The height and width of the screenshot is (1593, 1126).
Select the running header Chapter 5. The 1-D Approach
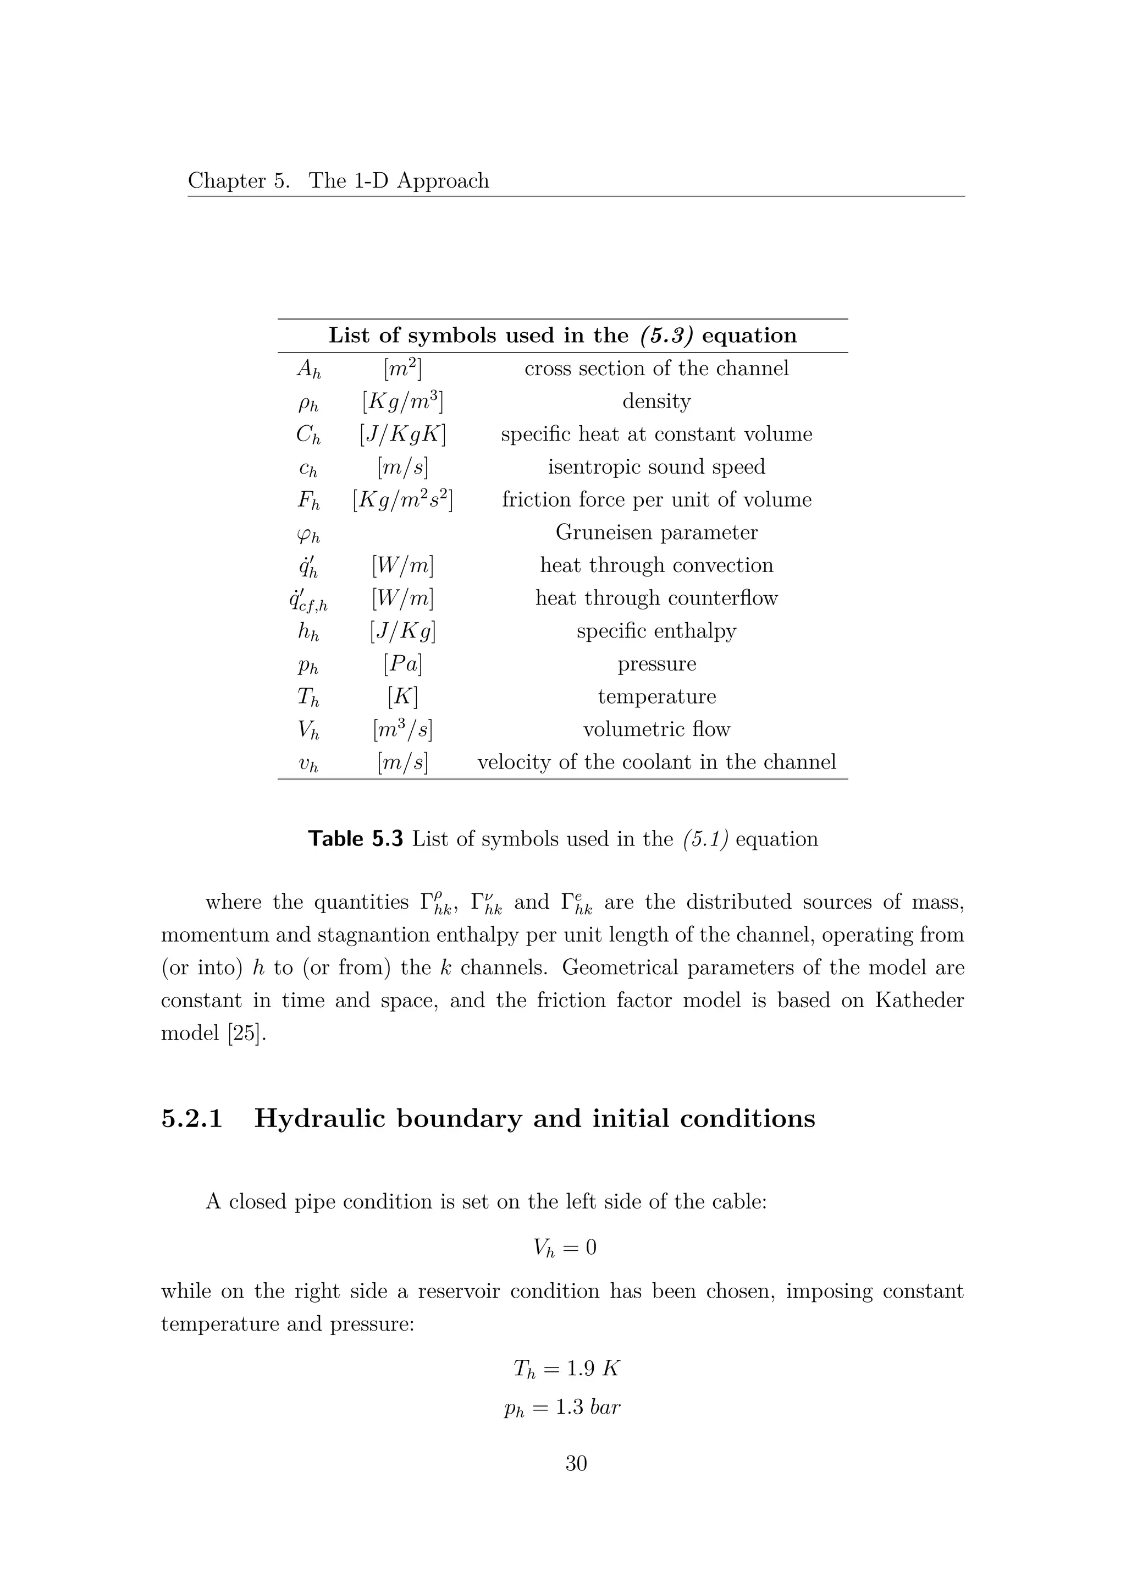click(338, 181)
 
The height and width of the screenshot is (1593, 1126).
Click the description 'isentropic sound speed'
click(656, 467)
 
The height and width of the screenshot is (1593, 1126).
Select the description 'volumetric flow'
click(656, 729)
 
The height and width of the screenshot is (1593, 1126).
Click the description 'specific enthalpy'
click(656, 631)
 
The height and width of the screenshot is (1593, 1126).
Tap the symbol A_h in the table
click(308, 369)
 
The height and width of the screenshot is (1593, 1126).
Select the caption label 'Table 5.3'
click(355, 839)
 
